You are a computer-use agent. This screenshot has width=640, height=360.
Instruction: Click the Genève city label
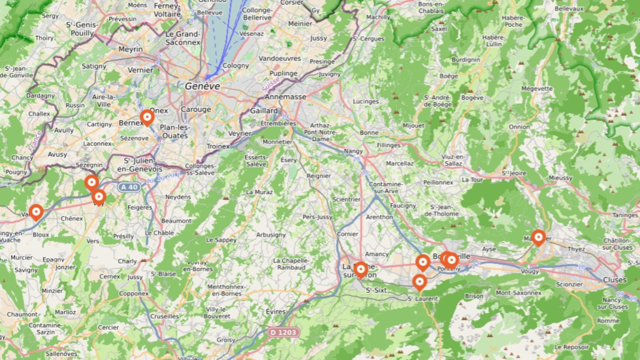[x=202, y=86]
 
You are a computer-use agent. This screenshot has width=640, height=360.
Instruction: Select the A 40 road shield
[x=129, y=187]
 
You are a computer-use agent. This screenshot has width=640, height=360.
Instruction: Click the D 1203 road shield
[x=283, y=332]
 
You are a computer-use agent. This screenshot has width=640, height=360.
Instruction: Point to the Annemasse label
[x=285, y=97]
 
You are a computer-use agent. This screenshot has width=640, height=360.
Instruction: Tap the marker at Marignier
[x=538, y=237]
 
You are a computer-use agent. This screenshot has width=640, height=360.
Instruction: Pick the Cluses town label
[x=614, y=279]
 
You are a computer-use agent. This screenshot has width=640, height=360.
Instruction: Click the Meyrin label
[x=130, y=49]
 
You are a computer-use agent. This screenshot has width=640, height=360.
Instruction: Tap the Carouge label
[x=196, y=109]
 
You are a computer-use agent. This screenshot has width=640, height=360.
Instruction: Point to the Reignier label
[x=318, y=176]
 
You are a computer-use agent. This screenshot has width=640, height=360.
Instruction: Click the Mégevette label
[x=537, y=89]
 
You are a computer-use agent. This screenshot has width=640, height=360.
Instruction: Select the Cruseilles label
[x=164, y=316]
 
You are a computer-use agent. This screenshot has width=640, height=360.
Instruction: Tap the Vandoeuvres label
[x=280, y=58]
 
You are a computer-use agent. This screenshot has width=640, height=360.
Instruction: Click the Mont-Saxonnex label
[x=518, y=293]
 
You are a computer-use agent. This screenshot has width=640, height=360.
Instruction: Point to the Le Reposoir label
[x=572, y=347]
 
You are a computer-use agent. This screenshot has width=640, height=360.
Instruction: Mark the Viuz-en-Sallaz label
[x=453, y=160]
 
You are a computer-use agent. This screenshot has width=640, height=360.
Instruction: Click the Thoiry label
[x=44, y=38]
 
